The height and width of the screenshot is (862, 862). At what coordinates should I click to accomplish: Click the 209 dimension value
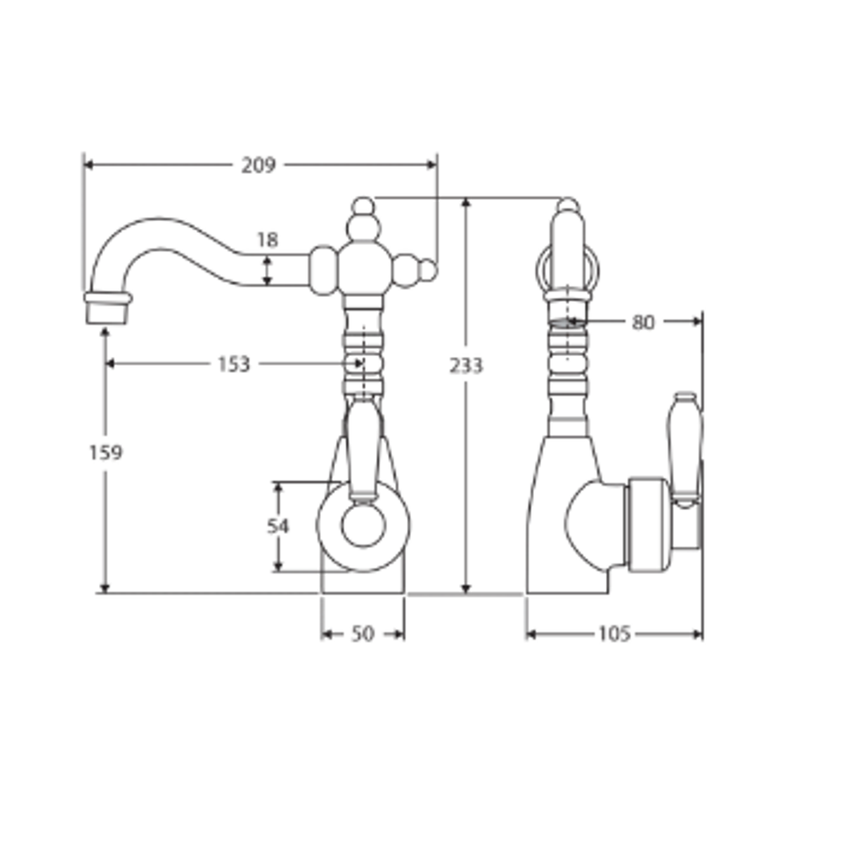pyautogui.click(x=259, y=165)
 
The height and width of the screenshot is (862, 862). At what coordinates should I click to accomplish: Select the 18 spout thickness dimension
pyautogui.click(x=267, y=240)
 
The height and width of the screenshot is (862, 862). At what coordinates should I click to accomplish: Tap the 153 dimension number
pyautogui.click(x=234, y=365)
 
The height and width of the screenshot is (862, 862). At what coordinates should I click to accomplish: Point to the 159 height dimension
pyautogui.click(x=105, y=453)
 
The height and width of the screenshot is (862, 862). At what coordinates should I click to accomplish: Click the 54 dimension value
pyautogui.click(x=278, y=526)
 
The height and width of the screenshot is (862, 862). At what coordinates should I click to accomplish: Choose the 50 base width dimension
pyautogui.click(x=362, y=634)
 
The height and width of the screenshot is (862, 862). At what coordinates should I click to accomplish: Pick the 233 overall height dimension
pyautogui.click(x=466, y=366)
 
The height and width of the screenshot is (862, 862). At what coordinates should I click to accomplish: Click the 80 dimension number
pyautogui.click(x=643, y=322)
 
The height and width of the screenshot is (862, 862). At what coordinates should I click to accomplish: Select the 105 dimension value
pyautogui.click(x=614, y=634)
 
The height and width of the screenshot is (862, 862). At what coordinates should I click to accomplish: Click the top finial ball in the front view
pyautogui.click(x=363, y=206)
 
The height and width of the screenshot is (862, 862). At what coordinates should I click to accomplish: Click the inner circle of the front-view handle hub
pyautogui.click(x=363, y=526)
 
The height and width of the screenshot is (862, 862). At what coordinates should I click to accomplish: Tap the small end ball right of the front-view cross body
pyautogui.click(x=429, y=271)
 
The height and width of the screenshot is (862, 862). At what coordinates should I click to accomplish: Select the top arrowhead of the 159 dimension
pyautogui.click(x=105, y=331)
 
